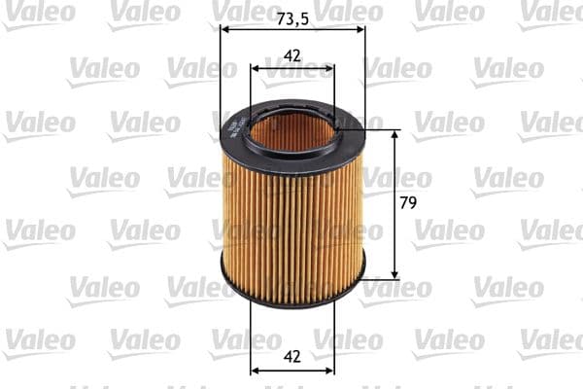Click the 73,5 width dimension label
tap(291, 18)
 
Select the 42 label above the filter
tap(292, 55)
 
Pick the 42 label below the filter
tap(292, 356)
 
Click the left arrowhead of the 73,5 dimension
tap(225, 29)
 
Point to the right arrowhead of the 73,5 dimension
tap(360, 29)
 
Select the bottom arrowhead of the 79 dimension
tap(394, 273)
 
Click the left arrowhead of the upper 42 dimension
tap(256, 68)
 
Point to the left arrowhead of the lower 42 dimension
tap(256, 370)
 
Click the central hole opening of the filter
tap(291, 133)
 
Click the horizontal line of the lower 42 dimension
tap(292, 370)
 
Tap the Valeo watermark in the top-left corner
tap(39, 12)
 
